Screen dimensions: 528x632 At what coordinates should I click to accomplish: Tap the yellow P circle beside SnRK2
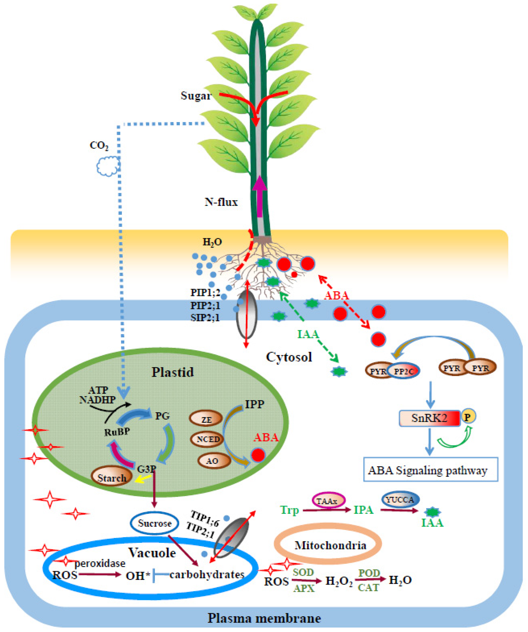pyautogui.click(x=468, y=417)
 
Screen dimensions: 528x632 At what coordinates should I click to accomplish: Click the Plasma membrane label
pyautogui.click(x=264, y=618)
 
